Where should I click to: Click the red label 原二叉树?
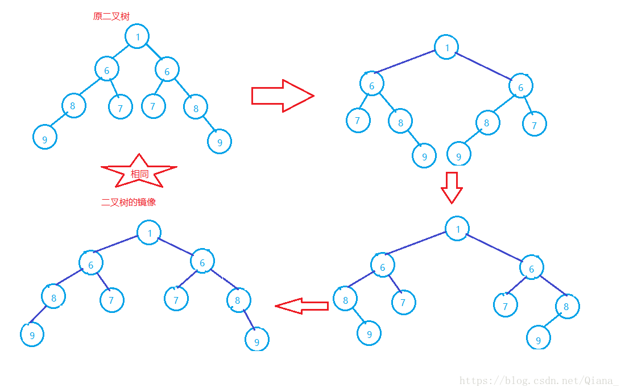111,16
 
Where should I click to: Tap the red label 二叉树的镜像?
128,202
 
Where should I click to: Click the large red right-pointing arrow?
282,96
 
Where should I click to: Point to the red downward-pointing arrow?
452,187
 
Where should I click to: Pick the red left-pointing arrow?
301,306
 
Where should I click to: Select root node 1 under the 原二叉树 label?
137,37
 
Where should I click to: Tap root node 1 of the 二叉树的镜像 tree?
149,233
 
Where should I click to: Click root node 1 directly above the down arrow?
447,47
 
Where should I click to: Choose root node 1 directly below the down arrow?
457,229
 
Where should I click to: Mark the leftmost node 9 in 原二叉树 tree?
45,137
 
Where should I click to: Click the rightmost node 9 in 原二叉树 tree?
220,142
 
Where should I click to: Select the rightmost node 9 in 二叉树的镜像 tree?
256,340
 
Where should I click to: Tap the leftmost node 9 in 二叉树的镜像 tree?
32,335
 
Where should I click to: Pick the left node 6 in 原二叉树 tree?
106,69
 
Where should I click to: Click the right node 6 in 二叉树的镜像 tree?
202,261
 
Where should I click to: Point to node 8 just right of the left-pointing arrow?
345,299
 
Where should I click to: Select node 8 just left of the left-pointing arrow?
238,300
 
